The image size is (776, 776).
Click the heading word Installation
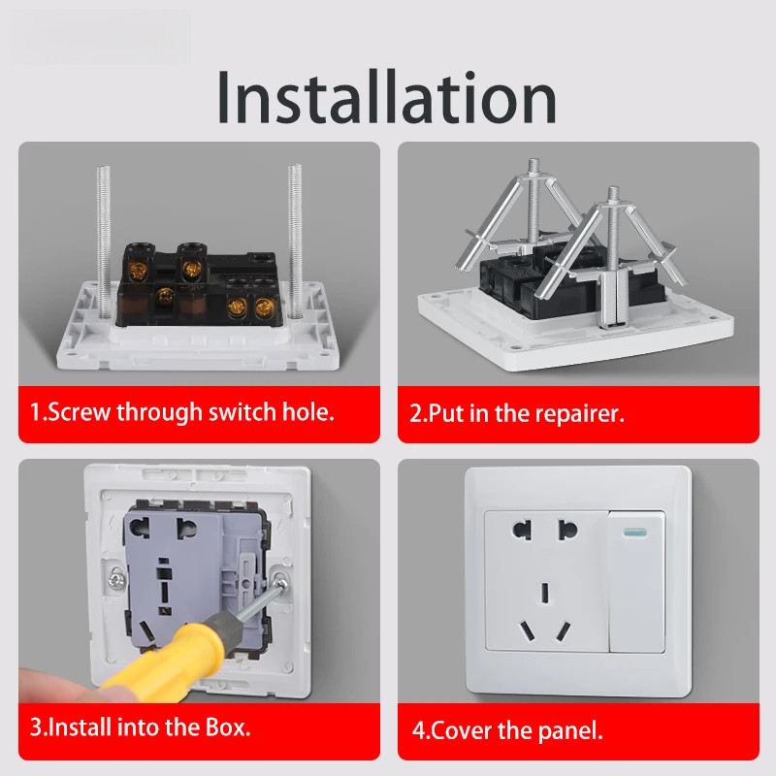point(386,97)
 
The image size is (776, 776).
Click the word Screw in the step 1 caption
point(80,411)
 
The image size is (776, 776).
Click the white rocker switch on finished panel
point(637,583)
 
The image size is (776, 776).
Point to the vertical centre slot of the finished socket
point(545,593)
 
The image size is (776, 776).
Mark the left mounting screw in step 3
point(115,579)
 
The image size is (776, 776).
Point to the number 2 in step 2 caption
point(415,414)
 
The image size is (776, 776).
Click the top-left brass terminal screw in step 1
point(139,271)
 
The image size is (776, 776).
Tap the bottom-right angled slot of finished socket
point(563,632)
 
